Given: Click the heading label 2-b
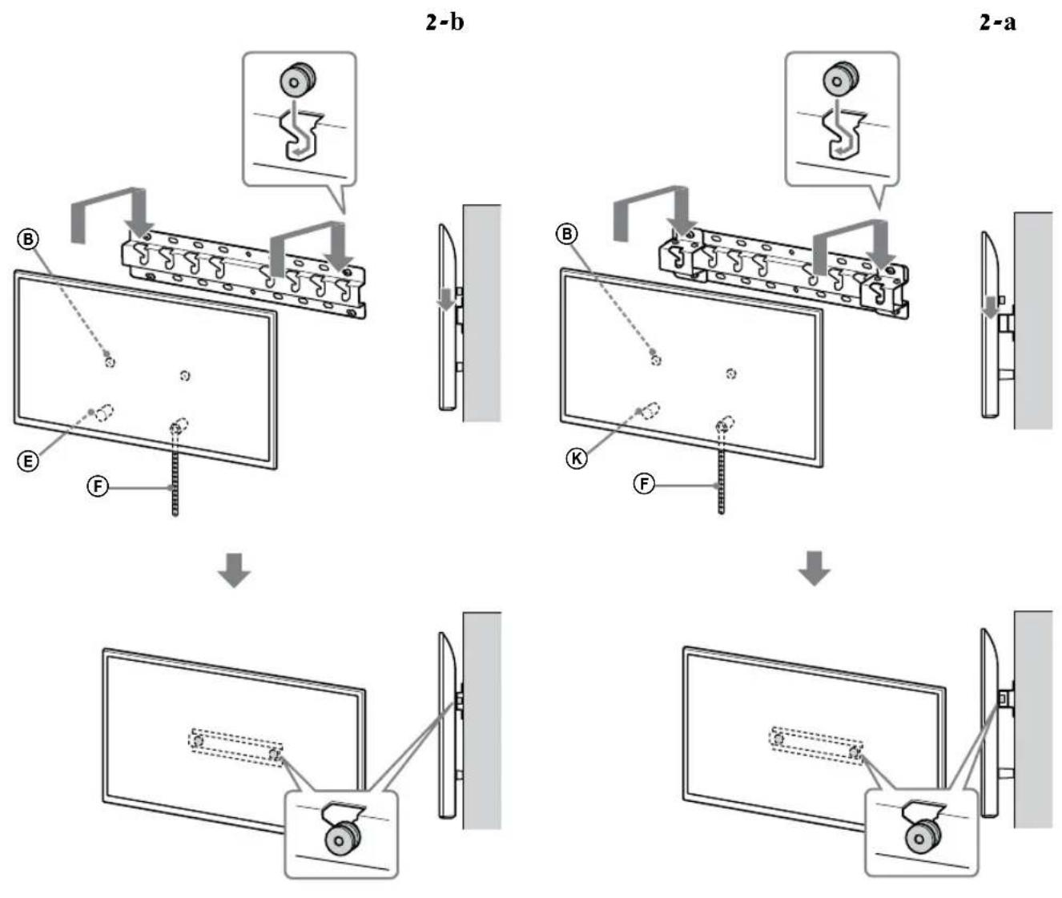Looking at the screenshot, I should (x=444, y=22).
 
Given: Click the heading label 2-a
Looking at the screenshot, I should (x=997, y=22).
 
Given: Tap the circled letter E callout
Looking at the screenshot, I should (x=28, y=461).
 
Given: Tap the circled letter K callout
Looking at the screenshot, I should (x=576, y=458).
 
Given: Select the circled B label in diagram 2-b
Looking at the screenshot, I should (x=28, y=239).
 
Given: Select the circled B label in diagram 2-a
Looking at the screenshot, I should (x=567, y=234).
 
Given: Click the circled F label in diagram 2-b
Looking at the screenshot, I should (x=97, y=486).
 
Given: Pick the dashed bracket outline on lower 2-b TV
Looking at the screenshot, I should (x=235, y=747).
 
